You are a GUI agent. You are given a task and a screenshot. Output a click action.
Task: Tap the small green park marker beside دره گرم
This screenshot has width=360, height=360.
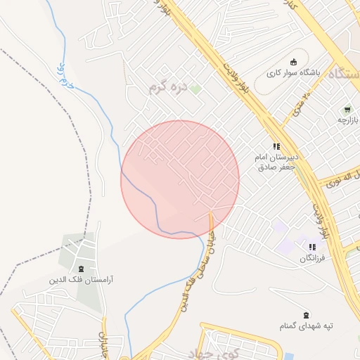click(196, 89)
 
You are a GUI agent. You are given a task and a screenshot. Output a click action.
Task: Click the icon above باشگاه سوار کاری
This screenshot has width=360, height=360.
click(294, 61)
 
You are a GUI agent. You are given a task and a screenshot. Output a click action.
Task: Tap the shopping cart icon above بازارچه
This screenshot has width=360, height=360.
click(347, 110)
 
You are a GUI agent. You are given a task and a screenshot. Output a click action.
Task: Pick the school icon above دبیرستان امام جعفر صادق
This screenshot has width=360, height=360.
click(276, 146)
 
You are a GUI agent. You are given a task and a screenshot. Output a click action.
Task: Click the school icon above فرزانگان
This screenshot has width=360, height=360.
click(311, 247)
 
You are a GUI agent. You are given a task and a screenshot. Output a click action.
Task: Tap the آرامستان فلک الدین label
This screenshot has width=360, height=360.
click(81, 280)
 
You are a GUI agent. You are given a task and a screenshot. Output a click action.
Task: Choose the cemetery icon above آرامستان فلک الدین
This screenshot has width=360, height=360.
click(81, 269)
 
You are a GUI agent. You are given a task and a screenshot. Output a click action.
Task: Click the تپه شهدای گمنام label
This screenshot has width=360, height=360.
click(305, 326)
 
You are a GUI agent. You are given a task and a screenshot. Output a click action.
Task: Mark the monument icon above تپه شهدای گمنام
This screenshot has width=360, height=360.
click(305, 315)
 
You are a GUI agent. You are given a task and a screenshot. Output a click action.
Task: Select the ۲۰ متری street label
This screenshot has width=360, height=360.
click(301, 104)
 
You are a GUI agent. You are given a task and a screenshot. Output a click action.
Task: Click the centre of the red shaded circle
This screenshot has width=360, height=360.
click(180, 180)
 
